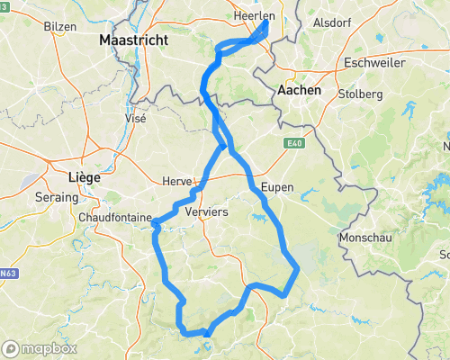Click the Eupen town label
[277, 187]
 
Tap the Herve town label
[176, 181]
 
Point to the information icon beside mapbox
[11, 348]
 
